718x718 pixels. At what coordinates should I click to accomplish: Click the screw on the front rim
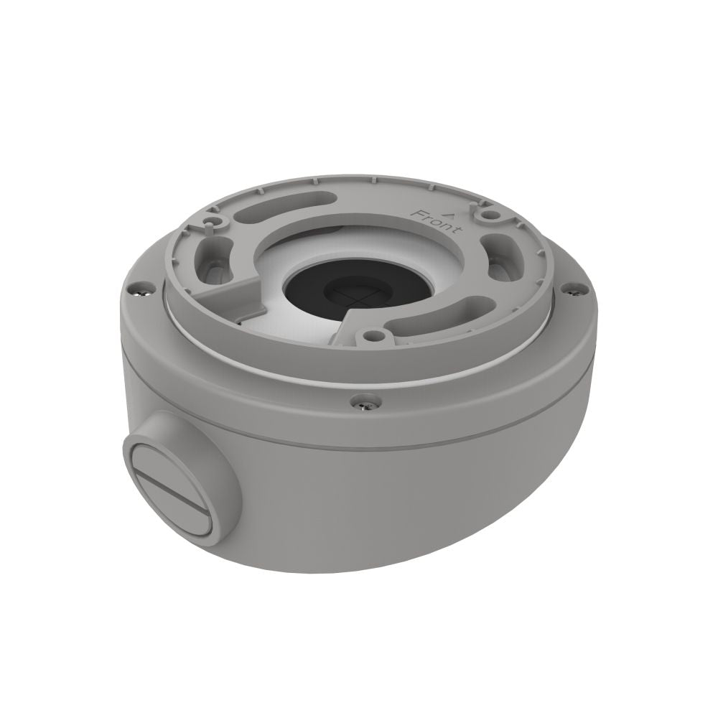[365, 403]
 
